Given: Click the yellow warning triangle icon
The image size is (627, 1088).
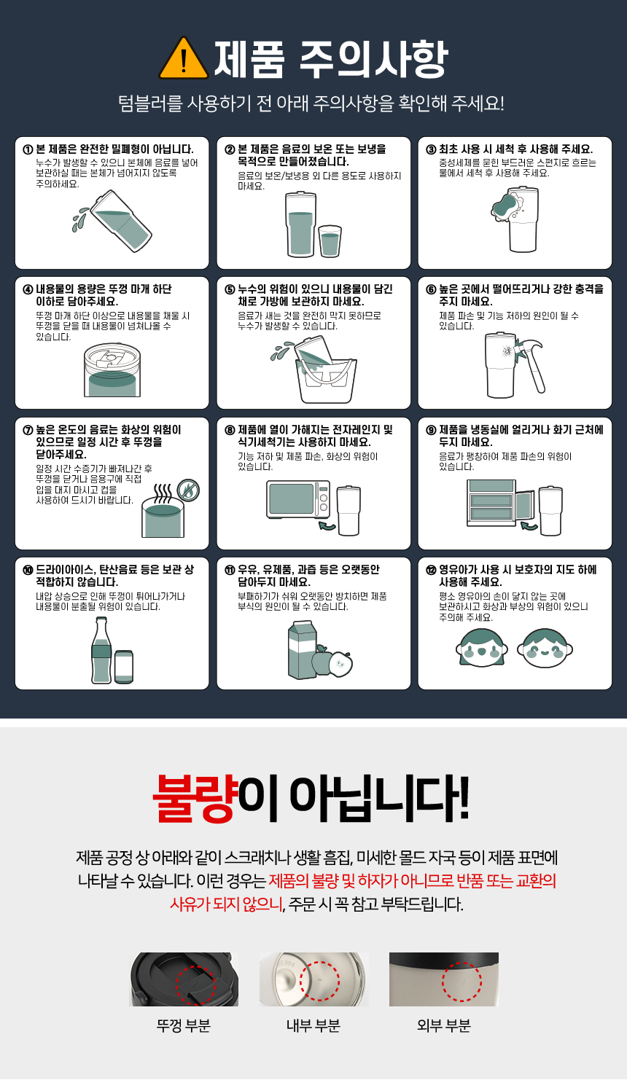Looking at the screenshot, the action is coord(184,59).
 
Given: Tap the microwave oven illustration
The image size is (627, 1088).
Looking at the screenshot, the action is coord(298,499).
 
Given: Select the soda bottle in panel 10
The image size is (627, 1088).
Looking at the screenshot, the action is coord(101,650).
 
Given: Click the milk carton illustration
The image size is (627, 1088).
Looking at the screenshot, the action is coord(303,650).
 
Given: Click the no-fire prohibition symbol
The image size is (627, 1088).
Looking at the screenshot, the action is coord(188,490).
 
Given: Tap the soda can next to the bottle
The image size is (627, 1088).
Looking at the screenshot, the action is coord(124,667).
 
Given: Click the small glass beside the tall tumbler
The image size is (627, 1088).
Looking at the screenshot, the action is coord(330,241).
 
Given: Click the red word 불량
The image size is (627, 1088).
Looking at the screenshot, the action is coord(195,798).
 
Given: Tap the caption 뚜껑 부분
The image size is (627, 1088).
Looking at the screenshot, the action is coord(184,1025).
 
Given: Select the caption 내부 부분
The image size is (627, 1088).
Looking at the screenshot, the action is coord(313,1025).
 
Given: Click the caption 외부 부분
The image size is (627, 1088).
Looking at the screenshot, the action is coord(444,1025).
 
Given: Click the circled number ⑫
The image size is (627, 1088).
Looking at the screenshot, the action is coord(431,570).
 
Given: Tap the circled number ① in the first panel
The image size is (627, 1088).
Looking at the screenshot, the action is coord(28,149).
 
